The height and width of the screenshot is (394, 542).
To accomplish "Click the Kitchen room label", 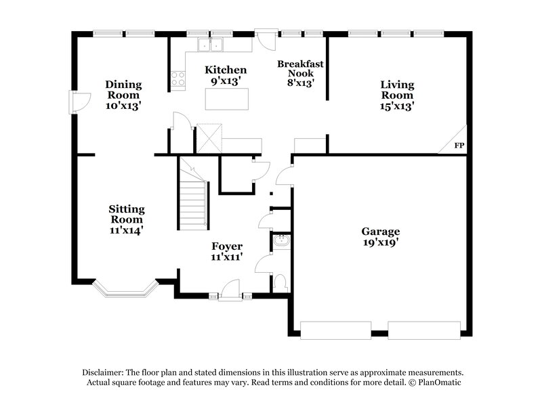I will (x=226, y=70).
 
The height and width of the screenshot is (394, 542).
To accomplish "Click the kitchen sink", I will (x=211, y=45).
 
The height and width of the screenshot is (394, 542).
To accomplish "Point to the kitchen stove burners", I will (x=178, y=79).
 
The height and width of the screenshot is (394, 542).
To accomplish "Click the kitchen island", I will (x=227, y=99).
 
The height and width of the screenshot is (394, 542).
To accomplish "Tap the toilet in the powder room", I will (x=280, y=283).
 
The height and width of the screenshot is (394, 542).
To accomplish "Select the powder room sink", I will (x=280, y=241).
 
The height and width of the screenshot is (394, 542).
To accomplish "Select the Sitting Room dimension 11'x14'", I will (x=127, y=230).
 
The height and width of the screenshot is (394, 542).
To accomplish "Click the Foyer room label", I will (x=226, y=246).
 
